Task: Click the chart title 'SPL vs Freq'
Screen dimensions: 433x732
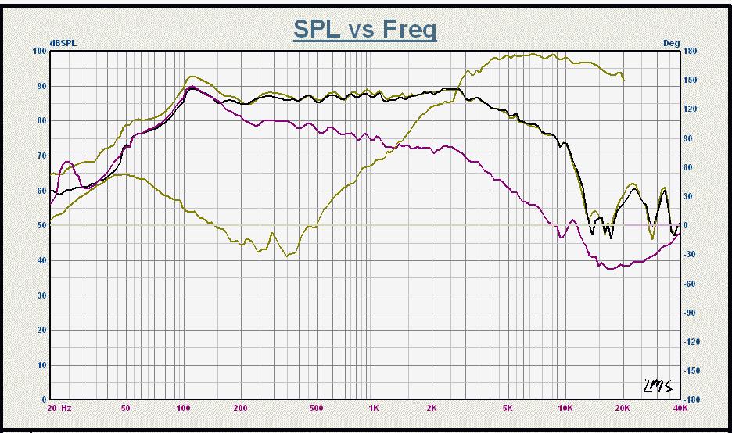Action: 365,29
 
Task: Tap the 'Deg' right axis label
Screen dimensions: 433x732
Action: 671,43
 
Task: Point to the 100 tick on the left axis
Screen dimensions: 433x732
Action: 40,51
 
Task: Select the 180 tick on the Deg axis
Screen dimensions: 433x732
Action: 691,51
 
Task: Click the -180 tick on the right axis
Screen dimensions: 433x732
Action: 691,399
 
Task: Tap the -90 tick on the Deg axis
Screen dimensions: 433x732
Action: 690,313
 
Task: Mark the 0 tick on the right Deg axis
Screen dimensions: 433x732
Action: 687,225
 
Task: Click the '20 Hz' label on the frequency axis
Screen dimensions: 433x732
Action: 59,408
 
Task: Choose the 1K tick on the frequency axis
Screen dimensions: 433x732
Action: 375,408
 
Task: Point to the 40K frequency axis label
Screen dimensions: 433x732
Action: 680,408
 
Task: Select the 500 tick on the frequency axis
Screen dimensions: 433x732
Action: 316,408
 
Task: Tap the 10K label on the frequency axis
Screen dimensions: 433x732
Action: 565,408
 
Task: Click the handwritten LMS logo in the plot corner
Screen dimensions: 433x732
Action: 655,384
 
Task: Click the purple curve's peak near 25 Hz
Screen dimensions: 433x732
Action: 67,162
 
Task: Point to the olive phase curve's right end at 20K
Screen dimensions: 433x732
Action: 623,80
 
